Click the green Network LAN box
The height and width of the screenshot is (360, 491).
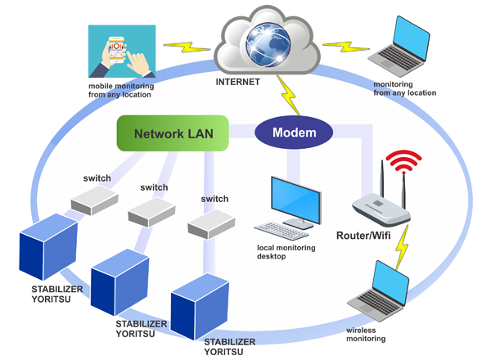[x=169, y=133]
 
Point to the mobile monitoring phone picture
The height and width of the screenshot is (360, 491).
[x=120, y=50]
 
